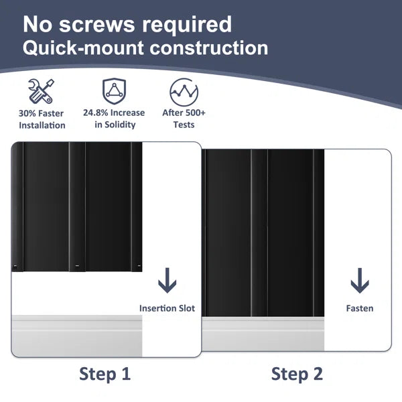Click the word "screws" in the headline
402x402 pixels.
pyautogui.click(x=97, y=25)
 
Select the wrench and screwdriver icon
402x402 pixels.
pyautogui.click(x=42, y=91)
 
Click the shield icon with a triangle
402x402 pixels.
pyautogui.click(x=114, y=91)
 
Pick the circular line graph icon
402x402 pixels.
pyautogui.click(x=184, y=92)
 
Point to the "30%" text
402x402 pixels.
pyautogui.click(x=27, y=113)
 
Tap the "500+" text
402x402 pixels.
pyautogui.click(x=196, y=113)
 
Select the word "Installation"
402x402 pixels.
pyautogui.click(x=42, y=125)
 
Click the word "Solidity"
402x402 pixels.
pyautogui.click(x=120, y=125)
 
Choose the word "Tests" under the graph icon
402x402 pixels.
pyautogui.click(x=184, y=125)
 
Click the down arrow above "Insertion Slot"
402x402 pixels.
pyautogui.click(x=167, y=281)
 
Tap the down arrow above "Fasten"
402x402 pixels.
pyautogui.click(x=360, y=281)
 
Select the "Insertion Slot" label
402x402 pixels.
pyautogui.click(x=167, y=308)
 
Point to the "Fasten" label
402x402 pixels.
pyautogui.click(x=360, y=308)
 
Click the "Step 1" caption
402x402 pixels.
pyautogui.click(x=105, y=374)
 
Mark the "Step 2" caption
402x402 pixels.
pyautogui.click(x=297, y=374)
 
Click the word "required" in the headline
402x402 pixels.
pyautogui.click(x=187, y=25)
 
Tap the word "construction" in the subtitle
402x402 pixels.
pyautogui.click(x=208, y=48)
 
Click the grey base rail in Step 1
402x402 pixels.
pyautogui.click(x=77, y=336)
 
